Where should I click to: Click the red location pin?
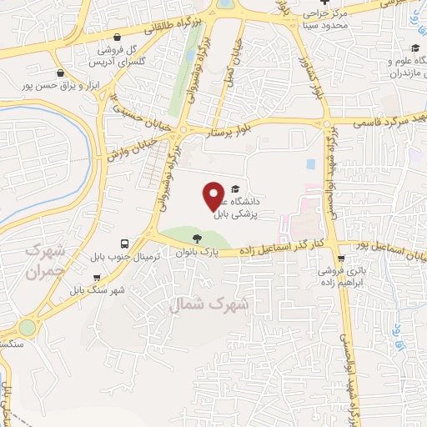click(x=213, y=195)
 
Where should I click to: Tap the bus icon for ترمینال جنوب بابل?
click(x=124, y=244)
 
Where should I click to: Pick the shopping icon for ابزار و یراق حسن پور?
click(x=59, y=73)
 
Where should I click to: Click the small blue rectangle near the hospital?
click(x=311, y=163)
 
